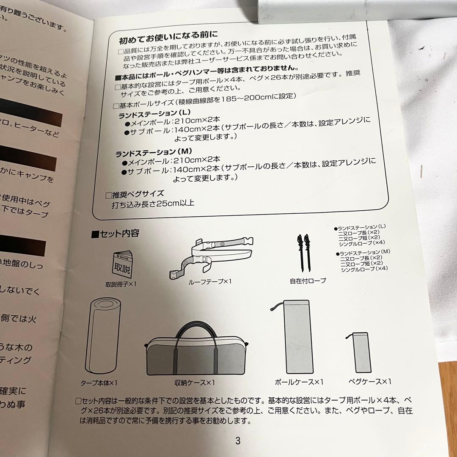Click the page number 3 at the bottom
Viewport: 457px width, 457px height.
[237, 440]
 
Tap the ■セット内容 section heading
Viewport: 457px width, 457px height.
[115, 233]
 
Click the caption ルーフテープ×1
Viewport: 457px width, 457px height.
[210, 281]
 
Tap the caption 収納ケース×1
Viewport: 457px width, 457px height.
[195, 383]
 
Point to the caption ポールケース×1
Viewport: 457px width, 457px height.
[299, 382]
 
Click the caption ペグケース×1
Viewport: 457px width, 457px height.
[370, 382]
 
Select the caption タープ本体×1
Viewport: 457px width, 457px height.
[99, 383]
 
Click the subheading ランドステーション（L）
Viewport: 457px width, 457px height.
[155, 113]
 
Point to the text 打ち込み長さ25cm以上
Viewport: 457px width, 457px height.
[153, 203]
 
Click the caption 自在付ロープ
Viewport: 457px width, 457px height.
[308, 281]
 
